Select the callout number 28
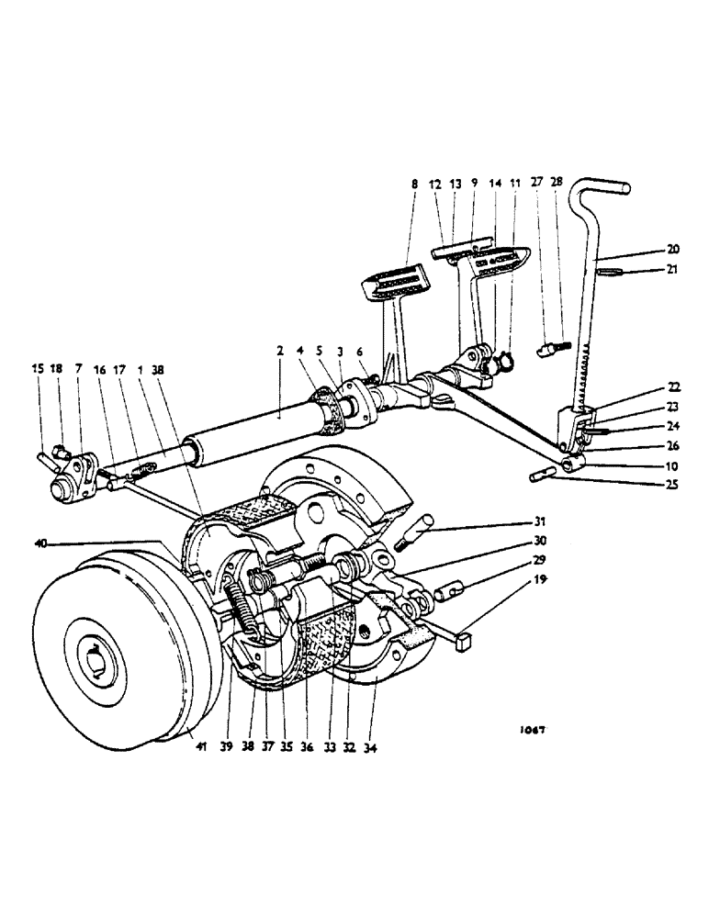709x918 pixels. point(558,185)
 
